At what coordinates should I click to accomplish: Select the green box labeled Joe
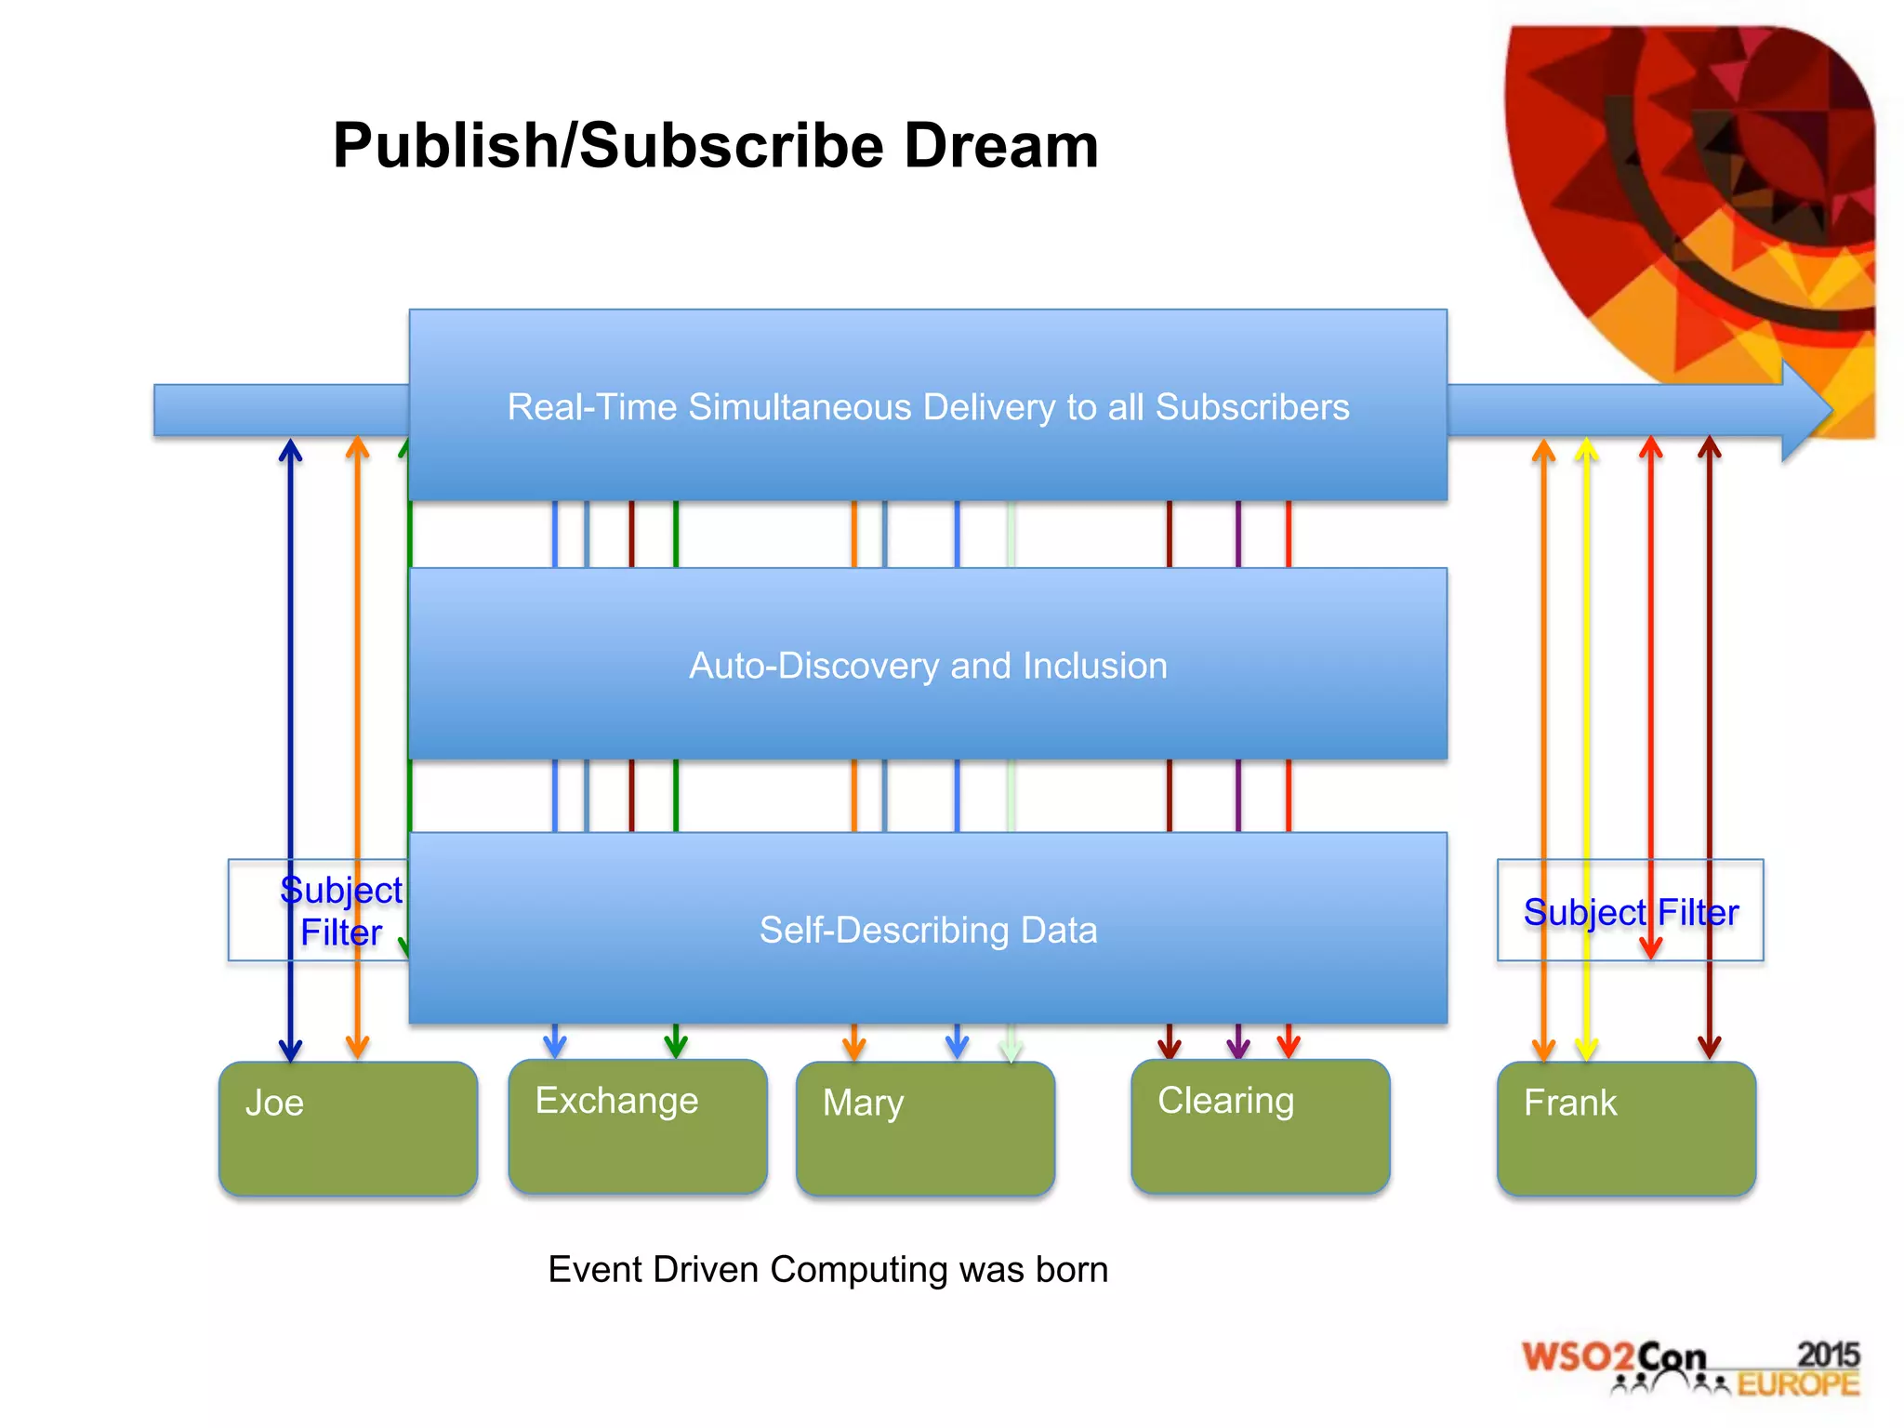pyautogui.click(x=348, y=1128)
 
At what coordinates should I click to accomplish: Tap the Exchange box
pyautogui.click(x=638, y=1126)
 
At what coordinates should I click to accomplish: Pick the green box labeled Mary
pyautogui.click(x=925, y=1128)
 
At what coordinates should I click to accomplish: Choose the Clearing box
pyautogui.click(x=1260, y=1126)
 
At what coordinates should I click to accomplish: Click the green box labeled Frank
pyautogui.click(x=1626, y=1128)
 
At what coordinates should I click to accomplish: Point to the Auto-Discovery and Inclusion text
pyautogui.click(x=928, y=666)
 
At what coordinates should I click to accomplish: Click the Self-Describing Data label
pyautogui.click(x=928, y=930)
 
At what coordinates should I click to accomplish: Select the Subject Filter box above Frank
pyautogui.click(x=1630, y=911)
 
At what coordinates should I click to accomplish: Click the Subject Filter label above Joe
pyautogui.click(x=340, y=911)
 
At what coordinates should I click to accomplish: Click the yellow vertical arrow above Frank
pyautogui.click(x=1586, y=744)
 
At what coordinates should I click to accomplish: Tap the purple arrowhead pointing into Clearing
pyautogui.click(x=1237, y=1047)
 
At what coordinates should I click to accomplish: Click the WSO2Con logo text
pyautogui.click(x=1614, y=1357)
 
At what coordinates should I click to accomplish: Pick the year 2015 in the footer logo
pyautogui.click(x=1828, y=1354)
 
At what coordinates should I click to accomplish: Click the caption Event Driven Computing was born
pyautogui.click(x=827, y=1269)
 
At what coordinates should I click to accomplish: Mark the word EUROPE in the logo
pyautogui.click(x=1798, y=1384)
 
